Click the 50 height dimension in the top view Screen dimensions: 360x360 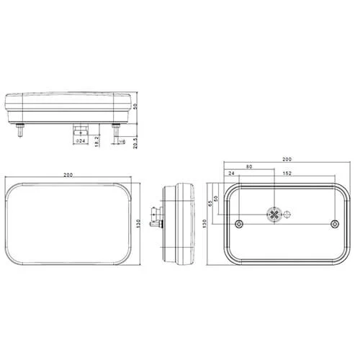click(x=135, y=107)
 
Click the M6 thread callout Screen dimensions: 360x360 click(x=122, y=141)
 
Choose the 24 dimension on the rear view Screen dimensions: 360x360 click(x=231, y=174)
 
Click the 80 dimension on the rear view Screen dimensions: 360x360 click(x=249, y=168)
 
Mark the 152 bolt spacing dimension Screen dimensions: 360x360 click(x=287, y=174)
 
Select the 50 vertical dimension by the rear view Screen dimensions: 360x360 click(x=216, y=198)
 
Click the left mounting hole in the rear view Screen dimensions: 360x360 click(x=239, y=225)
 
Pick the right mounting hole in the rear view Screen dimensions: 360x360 click(x=334, y=225)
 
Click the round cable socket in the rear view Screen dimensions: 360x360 click(x=274, y=214)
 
